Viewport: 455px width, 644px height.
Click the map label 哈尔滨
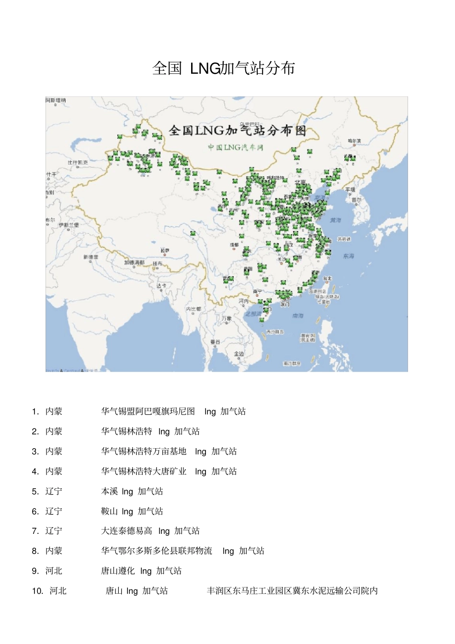[x=354, y=141]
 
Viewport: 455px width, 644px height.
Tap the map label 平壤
[x=351, y=190]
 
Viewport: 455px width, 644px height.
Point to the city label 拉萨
[x=165, y=250]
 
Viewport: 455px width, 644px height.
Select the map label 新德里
[x=91, y=257]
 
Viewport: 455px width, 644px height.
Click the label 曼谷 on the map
[x=215, y=341]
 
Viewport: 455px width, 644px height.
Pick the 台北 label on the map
[x=327, y=278]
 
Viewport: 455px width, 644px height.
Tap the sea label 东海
[x=349, y=256]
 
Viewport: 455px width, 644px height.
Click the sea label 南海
[x=298, y=316]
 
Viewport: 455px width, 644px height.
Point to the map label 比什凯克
[x=78, y=162]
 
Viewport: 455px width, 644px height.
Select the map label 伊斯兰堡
[x=69, y=225]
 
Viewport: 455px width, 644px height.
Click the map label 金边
[x=239, y=353]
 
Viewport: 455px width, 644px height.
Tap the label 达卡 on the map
[x=161, y=285]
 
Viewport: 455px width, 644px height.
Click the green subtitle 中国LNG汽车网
[x=236, y=147]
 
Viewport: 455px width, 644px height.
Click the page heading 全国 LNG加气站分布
[x=223, y=68]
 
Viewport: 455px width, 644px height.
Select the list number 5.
[x=35, y=492]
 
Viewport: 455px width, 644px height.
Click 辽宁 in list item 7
[x=54, y=531]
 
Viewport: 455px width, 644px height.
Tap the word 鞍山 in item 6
[x=109, y=511]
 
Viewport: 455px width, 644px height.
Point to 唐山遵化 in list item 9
[x=118, y=571]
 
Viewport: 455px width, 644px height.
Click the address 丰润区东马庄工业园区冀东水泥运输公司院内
[x=292, y=591]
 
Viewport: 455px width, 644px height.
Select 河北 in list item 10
[x=58, y=591]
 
